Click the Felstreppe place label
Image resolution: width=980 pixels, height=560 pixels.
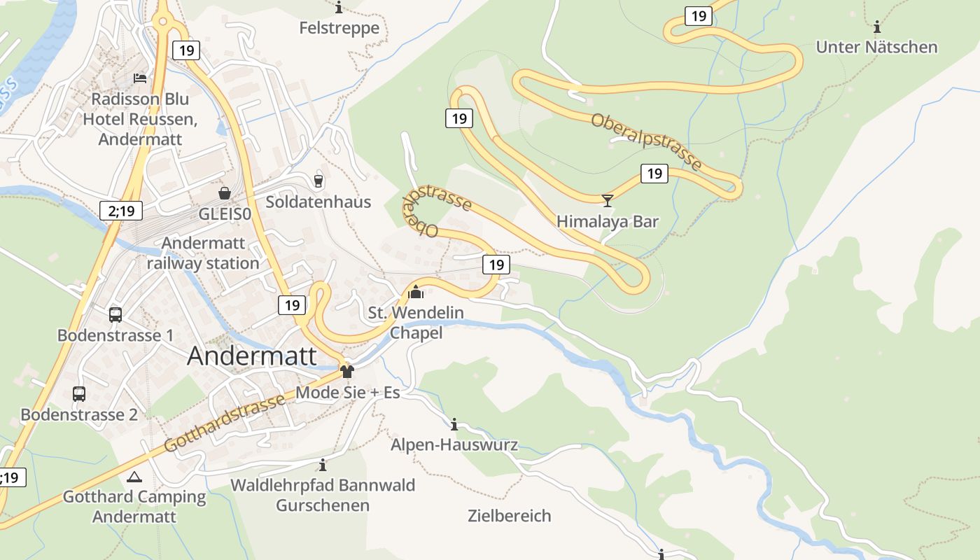tap(339, 28)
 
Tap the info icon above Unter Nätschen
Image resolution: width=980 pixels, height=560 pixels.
tap(876, 27)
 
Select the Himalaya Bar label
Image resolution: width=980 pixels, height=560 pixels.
tap(607, 221)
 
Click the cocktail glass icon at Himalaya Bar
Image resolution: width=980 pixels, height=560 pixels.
tap(607, 201)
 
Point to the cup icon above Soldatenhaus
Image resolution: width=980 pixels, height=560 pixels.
tap(318, 181)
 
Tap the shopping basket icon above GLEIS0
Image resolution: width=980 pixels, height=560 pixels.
tap(225, 193)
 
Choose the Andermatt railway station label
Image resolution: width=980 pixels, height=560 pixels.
tap(203, 253)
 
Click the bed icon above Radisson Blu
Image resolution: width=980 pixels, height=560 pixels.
tap(140, 78)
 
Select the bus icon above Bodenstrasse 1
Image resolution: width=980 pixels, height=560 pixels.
tap(115, 315)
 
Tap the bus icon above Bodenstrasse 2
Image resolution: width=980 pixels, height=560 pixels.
tap(79, 394)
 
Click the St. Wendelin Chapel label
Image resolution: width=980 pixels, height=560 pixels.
tap(416, 322)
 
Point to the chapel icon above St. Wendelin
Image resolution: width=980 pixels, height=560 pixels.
tap(416, 292)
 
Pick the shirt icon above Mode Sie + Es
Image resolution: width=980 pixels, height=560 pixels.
tap(347, 371)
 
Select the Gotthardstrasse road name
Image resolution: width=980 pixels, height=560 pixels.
tap(224, 422)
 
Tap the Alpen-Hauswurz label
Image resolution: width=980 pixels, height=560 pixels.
tap(454, 444)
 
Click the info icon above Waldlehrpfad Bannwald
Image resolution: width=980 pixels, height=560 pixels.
tap(322, 465)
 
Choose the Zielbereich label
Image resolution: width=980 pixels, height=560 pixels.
tap(509, 516)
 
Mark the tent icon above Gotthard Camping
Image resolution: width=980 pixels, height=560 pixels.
tap(134, 477)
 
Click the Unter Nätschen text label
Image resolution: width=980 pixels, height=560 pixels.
tap(876, 47)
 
